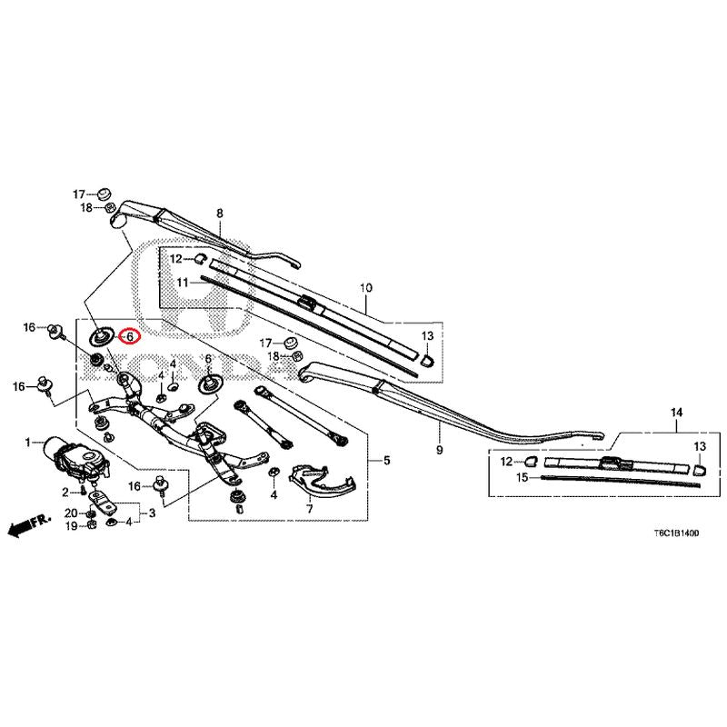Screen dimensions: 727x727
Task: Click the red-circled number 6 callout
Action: point(129,336)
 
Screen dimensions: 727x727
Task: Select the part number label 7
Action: point(309,508)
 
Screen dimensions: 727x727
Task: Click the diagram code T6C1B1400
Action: point(676,533)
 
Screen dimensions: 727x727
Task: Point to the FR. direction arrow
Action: point(29,525)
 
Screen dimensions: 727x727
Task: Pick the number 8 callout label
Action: point(220,214)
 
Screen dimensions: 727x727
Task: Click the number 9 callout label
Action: point(439,449)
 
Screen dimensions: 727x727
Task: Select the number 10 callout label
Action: point(366,288)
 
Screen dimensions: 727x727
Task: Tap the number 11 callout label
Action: point(183,283)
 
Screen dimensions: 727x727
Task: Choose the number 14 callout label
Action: point(676,413)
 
